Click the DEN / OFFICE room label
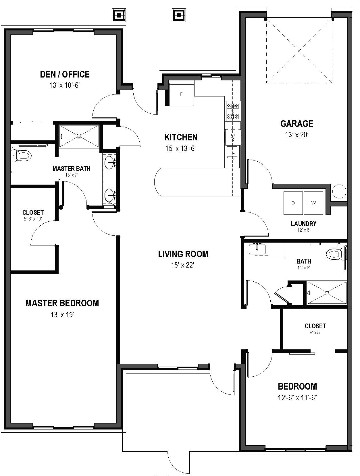tap(65, 74)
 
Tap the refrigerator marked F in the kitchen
tap(181, 94)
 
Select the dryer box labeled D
tap(293, 203)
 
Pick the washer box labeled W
tap(313, 203)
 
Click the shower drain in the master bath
tap(79, 136)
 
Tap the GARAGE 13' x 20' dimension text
tap(297, 134)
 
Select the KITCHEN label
tap(181, 137)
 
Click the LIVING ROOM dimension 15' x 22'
tap(183, 265)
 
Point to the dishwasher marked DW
tap(233, 136)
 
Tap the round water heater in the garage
tap(340, 191)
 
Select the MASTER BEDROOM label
tap(62, 303)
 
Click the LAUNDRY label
tap(303, 224)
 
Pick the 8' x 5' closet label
tap(315, 332)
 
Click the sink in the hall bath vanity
tap(257, 249)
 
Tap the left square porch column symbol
tap(119, 15)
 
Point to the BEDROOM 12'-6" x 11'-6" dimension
tap(297, 398)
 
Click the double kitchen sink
tap(232, 156)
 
